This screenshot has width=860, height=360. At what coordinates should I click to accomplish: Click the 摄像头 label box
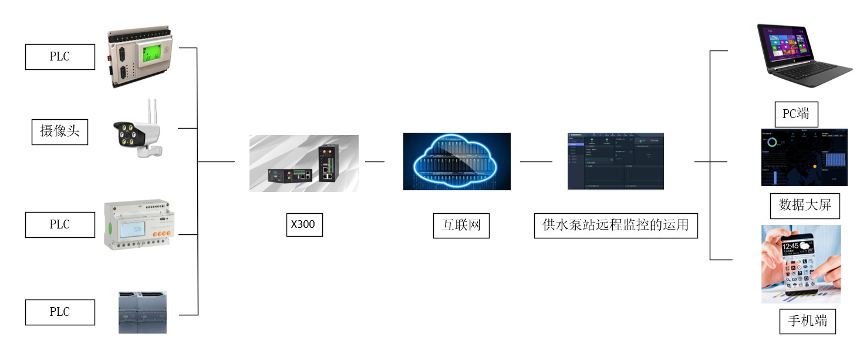59,132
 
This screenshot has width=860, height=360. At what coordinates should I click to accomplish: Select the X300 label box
304,225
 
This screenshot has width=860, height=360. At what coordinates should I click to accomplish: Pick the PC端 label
795,114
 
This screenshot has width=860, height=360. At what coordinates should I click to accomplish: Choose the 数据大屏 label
804,206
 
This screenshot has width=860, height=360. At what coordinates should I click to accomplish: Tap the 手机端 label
807,321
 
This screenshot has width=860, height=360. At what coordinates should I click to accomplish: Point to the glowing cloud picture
457,161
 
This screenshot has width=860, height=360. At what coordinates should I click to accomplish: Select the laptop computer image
803,55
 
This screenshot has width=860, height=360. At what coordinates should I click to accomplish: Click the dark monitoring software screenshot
615,161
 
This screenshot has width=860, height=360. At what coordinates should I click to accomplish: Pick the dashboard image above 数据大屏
804,157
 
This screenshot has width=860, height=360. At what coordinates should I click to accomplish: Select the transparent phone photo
801,264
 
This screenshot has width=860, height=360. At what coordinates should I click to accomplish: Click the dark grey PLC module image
143,312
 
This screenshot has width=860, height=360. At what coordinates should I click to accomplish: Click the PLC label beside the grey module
59,312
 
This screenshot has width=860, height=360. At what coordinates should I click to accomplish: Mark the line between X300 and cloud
375,162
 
